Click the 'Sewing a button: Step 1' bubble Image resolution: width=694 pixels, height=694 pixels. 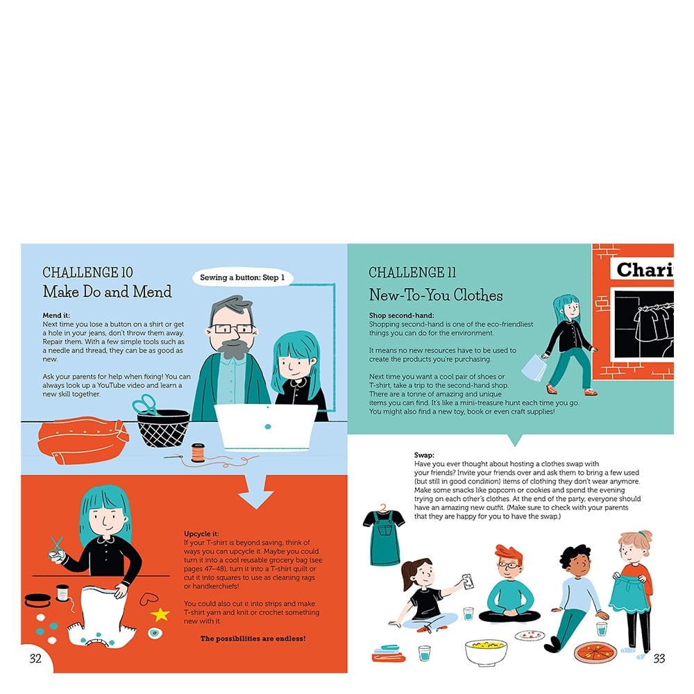tap(242, 278)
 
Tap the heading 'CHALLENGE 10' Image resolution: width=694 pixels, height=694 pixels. tap(87, 272)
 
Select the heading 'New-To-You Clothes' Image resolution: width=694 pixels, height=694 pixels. tap(436, 295)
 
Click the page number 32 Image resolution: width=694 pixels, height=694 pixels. tap(35, 659)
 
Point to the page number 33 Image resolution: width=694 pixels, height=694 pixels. tap(659, 659)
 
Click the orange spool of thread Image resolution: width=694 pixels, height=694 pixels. tap(198, 452)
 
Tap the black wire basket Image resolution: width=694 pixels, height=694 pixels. tap(163, 428)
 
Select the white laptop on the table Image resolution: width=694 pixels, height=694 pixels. tap(266, 427)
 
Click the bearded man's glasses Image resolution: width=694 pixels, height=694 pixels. tap(232, 329)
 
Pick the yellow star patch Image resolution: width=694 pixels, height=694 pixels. tap(160, 614)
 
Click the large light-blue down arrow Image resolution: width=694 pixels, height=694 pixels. tap(256, 491)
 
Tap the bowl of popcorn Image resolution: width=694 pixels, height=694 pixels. tap(486, 652)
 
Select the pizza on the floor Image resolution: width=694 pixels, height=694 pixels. tap(595, 653)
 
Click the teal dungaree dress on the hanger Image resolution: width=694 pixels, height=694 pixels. tap(383, 537)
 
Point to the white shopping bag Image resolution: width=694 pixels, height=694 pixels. tap(535, 367)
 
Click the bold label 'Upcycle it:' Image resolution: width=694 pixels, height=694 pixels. tap(201, 534)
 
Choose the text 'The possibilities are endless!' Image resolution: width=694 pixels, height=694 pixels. tap(253, 638)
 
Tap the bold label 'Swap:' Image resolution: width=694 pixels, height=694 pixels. tap(424, 455)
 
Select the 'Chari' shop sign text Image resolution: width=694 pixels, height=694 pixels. tap(645, 269)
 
